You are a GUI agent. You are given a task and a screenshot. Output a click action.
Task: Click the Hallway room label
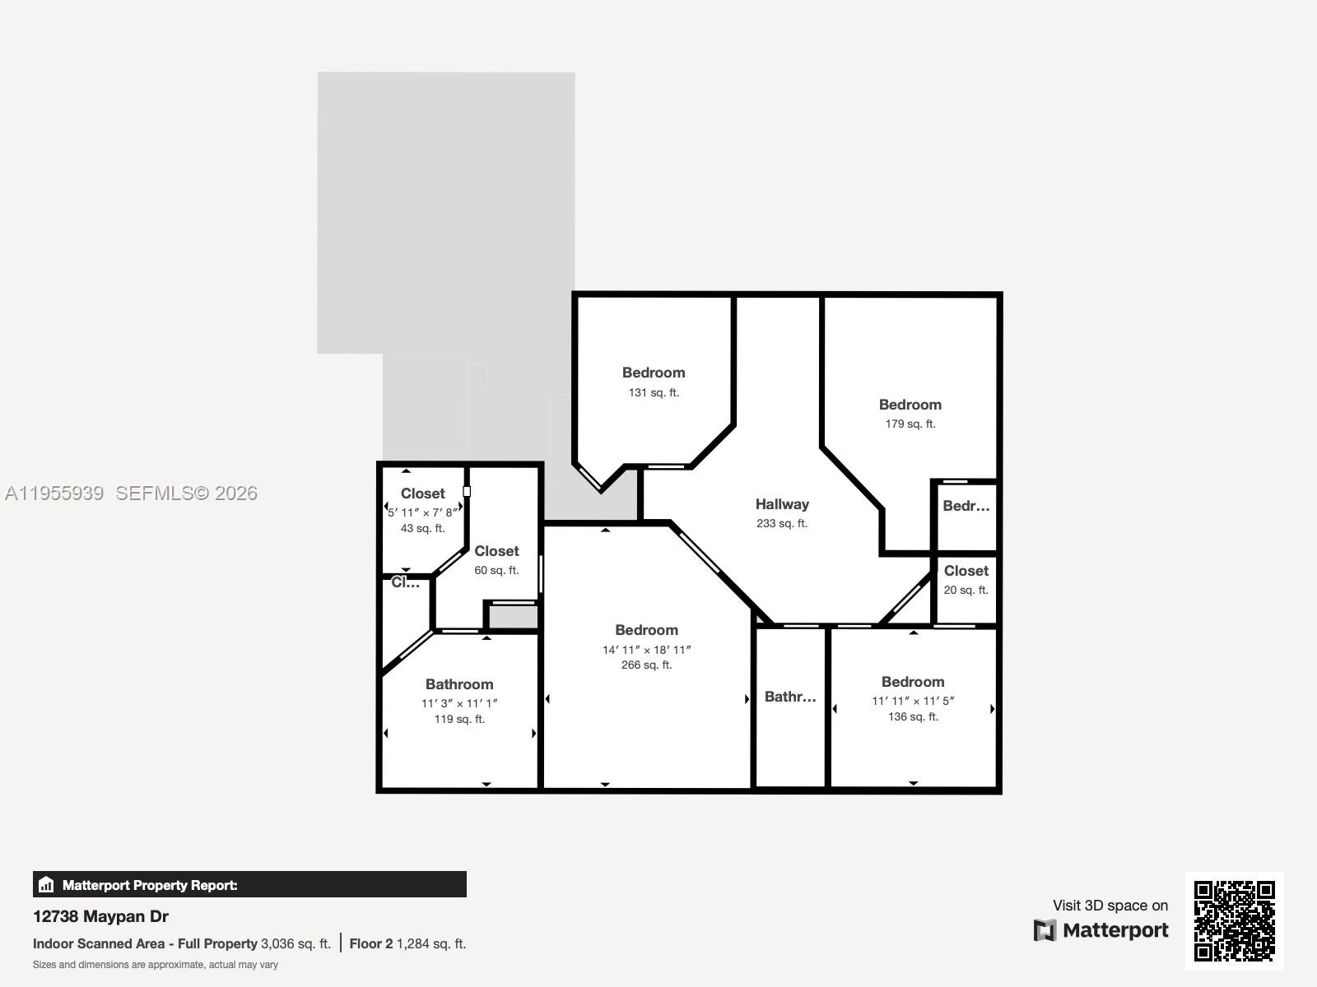[x=782, y=504]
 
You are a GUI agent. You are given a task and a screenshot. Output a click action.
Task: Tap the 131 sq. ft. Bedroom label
[x=654, y=373]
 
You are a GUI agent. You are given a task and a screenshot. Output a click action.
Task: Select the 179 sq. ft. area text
[x=910, y=424]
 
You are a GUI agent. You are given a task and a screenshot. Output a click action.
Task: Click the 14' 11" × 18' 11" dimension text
[x=646, y=650]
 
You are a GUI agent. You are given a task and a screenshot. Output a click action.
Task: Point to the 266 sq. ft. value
[x=646, y=665]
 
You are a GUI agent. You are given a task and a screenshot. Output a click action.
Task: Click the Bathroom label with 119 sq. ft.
[x=459, y=684]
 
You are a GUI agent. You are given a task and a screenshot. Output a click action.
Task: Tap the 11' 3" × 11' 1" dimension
[x=459, y=703]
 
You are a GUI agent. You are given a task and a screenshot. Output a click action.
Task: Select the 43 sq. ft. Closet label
[x=422, y=493]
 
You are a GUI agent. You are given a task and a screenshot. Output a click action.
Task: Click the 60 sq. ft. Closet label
[x=496, y=551]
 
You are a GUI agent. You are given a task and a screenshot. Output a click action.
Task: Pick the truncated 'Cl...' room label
[x=405, y=582]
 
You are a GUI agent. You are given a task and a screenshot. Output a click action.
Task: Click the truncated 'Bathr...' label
[x=790, y=697]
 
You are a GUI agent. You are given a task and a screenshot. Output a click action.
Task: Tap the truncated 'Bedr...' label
[x=966, y=506]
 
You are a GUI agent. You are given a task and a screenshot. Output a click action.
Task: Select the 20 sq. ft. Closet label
[x=966, y=571]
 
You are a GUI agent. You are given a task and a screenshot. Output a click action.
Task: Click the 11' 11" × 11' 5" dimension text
[x=913, y=701]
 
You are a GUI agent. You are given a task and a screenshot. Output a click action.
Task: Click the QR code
[x=1234, y=920]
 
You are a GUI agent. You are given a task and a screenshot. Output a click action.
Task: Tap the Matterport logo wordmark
[x=1115, y=930]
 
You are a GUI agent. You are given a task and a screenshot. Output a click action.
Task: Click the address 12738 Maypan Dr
[x=100, y=916]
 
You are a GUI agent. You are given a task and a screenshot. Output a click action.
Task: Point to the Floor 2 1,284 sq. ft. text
[x=407, y=943]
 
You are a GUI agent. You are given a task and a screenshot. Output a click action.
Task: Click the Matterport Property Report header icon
[x=46, y=885]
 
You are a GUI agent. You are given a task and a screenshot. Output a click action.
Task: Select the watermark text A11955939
[x=54, y=493]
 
